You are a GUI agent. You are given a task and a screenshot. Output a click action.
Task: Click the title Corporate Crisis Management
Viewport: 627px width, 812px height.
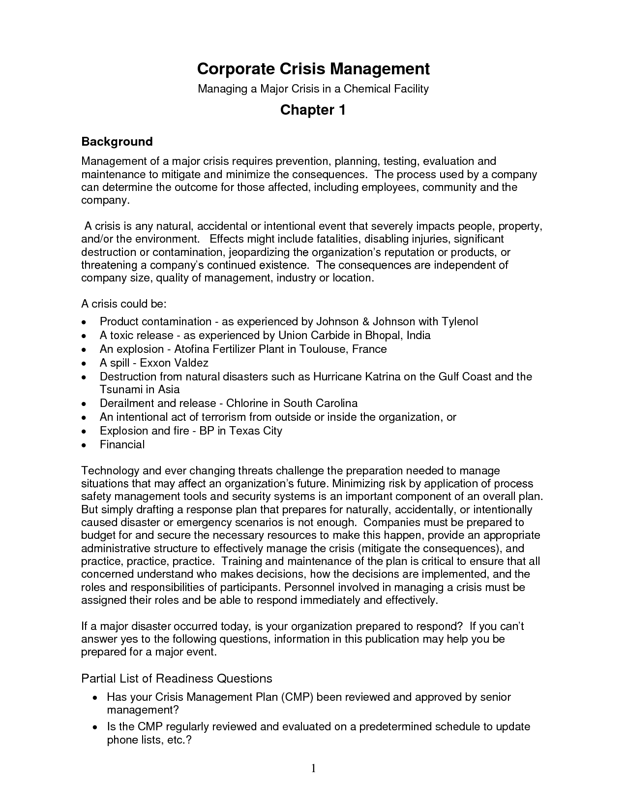point(313,69)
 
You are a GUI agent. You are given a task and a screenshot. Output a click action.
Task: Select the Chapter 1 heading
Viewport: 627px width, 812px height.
point(313,110)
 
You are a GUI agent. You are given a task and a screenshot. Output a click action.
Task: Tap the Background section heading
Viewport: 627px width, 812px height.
point(117,142)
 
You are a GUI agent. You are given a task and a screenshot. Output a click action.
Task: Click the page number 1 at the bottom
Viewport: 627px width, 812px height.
point(313,768)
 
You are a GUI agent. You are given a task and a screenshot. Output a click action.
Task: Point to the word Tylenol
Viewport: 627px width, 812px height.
point(459,322)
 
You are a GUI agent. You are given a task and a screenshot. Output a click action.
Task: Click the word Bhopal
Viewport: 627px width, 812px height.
point(384,336)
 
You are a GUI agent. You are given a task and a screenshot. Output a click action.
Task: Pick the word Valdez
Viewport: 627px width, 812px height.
point(191,363)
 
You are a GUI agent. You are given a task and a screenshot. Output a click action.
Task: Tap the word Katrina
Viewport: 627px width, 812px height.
point(383,377)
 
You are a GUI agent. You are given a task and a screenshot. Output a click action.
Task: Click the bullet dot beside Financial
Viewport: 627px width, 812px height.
point(85,445)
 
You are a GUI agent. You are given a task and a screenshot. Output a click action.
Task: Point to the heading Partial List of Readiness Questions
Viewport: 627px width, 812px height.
point(177,679)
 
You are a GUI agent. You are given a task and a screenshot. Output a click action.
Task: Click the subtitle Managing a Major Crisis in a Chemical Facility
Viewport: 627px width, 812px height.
point(313,89)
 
